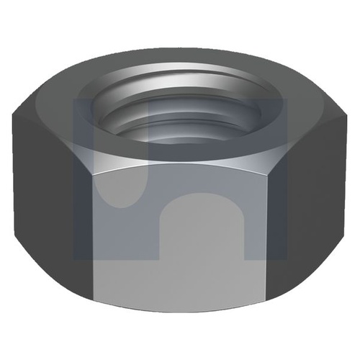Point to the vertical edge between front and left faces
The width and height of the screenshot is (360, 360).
point(92,216)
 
